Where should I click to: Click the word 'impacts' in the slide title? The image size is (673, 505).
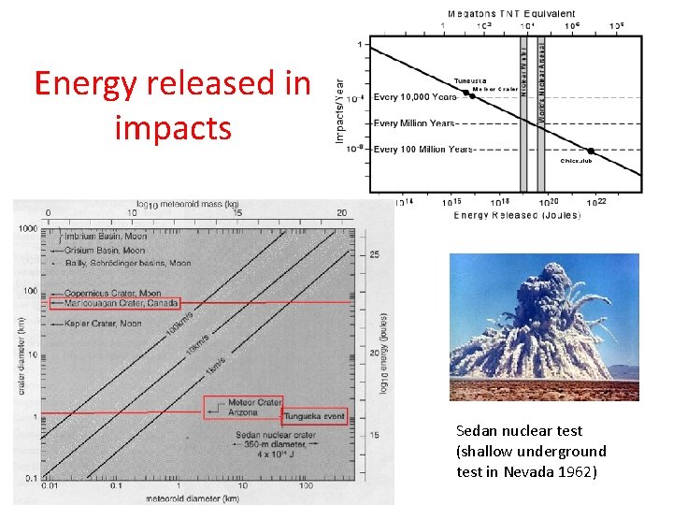point(173,127)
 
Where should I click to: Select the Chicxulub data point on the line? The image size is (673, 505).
point(591,151)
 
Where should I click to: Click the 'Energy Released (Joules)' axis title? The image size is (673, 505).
point(516,216)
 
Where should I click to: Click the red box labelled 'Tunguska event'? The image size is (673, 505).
point(314,415)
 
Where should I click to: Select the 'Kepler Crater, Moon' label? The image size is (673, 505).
point(93,323)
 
